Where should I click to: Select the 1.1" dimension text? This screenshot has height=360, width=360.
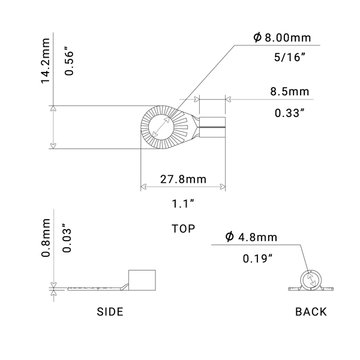point(177,203)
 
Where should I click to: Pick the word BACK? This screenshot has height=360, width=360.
point(311,312)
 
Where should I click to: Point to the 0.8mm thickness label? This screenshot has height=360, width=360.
point(17,246)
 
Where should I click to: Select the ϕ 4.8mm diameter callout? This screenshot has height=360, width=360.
point(267,238)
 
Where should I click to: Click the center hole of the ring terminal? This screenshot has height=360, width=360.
point(160,129)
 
